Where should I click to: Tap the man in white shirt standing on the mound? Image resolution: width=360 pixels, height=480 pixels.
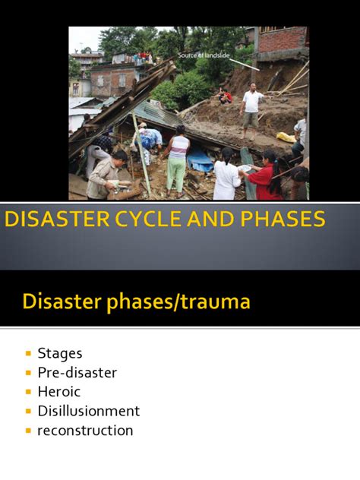tap(251, 109)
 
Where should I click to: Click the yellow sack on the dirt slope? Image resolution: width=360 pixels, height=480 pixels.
tap(286, 137)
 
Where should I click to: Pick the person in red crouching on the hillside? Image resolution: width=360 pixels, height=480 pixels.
tap(225, 96)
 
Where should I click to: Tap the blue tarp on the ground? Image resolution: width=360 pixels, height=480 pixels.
tap(201, 161)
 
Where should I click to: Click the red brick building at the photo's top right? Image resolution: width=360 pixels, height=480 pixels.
tap(283, 42)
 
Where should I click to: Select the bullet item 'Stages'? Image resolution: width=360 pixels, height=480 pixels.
tap(59, 353)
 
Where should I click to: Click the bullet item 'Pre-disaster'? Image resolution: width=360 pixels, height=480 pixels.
tap(77, 372)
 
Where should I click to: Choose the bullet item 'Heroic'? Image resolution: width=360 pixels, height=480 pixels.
tap(58, 392)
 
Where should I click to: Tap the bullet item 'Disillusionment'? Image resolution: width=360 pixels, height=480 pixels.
tap(88, 411)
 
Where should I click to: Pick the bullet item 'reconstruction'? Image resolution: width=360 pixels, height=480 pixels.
tap(85, 431)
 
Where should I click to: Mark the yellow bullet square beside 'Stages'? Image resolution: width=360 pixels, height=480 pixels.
tap(29, 354)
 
